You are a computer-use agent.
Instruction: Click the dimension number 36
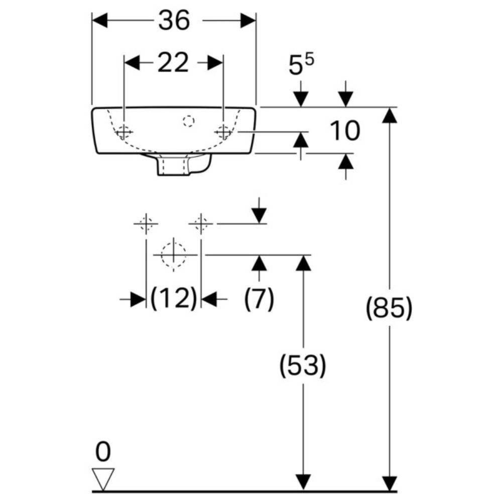click(x=174, y=21)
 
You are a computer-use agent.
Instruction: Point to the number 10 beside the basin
click(x=345, y=131)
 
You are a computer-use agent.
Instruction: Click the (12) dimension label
click(x=173, y=298)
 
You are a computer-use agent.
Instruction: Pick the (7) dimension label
click(x=260, y=298)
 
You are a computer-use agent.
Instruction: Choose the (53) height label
click(x=303, y=365)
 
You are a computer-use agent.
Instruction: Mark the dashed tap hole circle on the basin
click(x=189, y=121)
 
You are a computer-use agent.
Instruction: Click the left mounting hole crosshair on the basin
click(x=124, y=132)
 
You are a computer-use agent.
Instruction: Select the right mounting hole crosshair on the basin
click(x=223, y=132)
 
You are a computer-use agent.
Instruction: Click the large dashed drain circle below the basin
click(x=174, y=255)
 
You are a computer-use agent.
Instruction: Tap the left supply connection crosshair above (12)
click(x=146, y=223)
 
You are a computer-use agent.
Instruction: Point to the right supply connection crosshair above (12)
click(x=201, y=223)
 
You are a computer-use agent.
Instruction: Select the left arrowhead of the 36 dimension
click(x=100, y=21)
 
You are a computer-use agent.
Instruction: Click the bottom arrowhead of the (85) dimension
click(x=390, y=483)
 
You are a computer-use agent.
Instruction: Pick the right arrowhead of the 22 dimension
click(x=215, y=62)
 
